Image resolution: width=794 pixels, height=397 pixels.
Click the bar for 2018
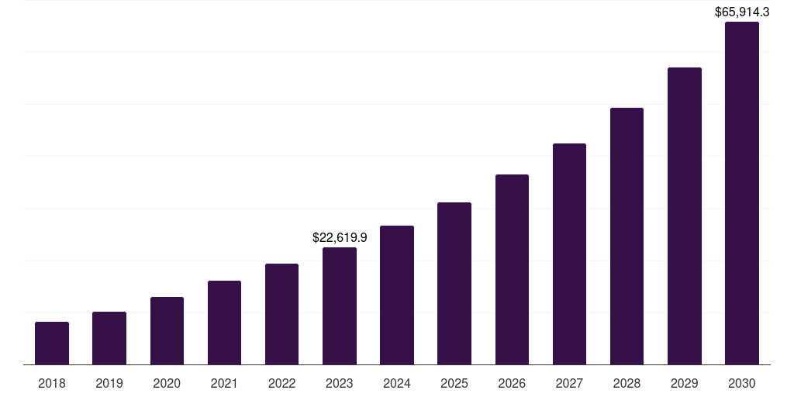[x=52, y=343]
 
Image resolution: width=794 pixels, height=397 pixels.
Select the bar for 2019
[x=109, y=338]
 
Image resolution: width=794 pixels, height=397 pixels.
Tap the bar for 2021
[x=224, y=323]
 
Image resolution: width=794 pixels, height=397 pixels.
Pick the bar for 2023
[x=340, y=306]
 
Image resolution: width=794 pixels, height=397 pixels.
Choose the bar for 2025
[x=454, y=283]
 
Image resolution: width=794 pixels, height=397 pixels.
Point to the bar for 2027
[x=569, y=254]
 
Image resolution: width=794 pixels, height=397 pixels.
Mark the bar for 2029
[x=685, y=216]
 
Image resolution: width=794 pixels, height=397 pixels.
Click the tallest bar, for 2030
[x=742, y=193]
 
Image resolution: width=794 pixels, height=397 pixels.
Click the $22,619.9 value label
[x=340, y=238]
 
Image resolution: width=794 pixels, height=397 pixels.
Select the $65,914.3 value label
[x=741, y=12]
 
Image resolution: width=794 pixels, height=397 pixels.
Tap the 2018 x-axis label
[x=52, y=383]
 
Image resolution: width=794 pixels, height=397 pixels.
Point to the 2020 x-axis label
[x=167, y=383]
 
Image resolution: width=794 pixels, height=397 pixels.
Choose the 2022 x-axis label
[x=282, y=383]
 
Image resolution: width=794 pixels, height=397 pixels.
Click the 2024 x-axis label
[x=397, y=383]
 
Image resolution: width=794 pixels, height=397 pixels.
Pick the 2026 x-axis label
[x=512, y=383]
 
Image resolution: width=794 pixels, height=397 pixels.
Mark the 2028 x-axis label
[x=627, y=383]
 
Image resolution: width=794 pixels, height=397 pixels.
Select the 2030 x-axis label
[x=742, y=383]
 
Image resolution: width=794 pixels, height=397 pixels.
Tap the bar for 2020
[x=167, y=330]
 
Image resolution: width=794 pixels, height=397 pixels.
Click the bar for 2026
[x=512, y=269]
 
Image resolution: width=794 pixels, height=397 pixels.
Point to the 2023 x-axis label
[x=340, y=383]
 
